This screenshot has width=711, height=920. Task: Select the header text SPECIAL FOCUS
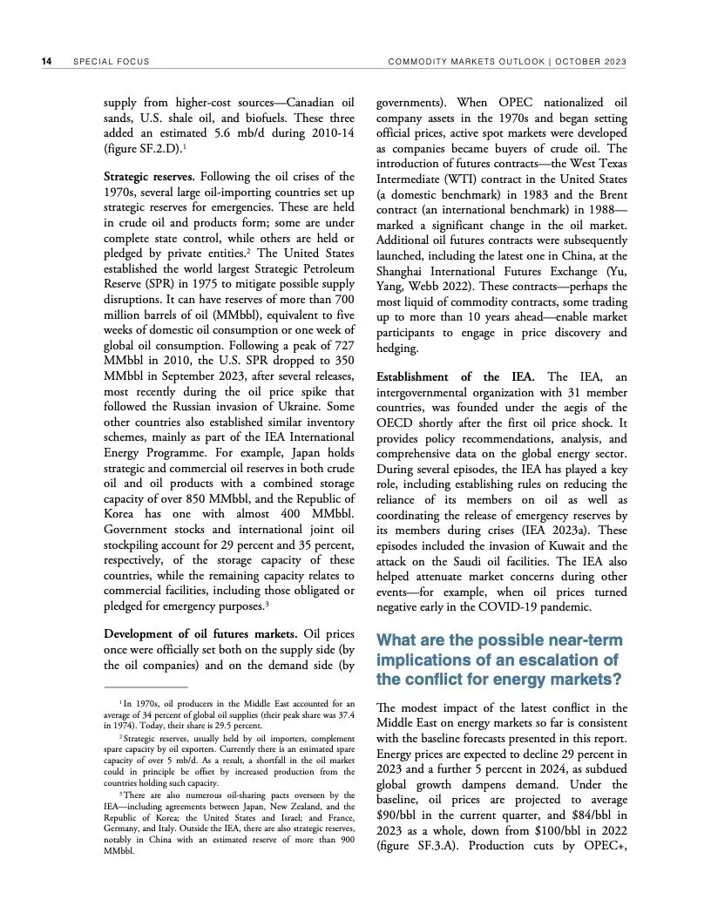point(112,62)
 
